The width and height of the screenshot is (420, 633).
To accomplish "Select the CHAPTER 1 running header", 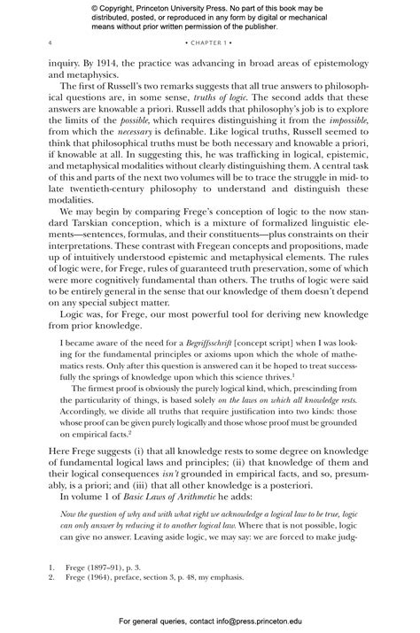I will [x=210, y=42].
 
